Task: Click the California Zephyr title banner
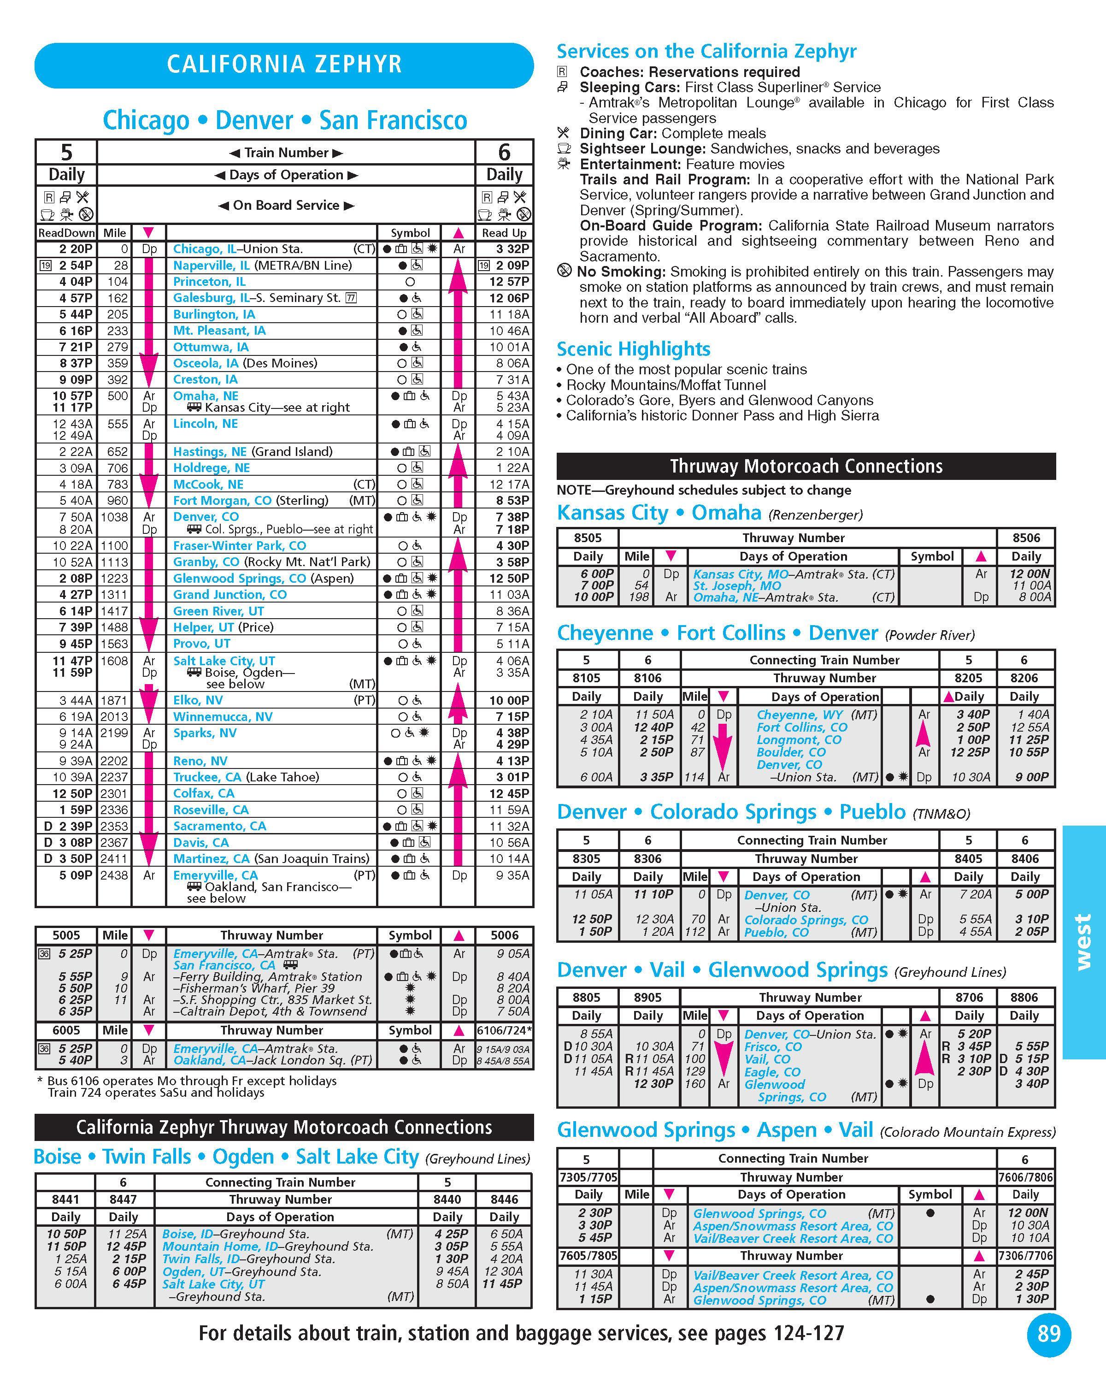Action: point(284,65)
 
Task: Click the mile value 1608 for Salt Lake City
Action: point(114,661)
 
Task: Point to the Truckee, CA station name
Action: point(207,777)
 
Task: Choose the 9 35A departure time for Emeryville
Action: point(512,875)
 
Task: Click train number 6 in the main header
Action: point(504,152)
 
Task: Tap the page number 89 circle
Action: point(1048,1334)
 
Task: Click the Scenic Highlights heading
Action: point(633,349)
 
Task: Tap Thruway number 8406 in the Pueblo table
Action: point(1024,858)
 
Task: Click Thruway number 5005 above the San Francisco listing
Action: point(66,935)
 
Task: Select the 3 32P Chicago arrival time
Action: point(512,249)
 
